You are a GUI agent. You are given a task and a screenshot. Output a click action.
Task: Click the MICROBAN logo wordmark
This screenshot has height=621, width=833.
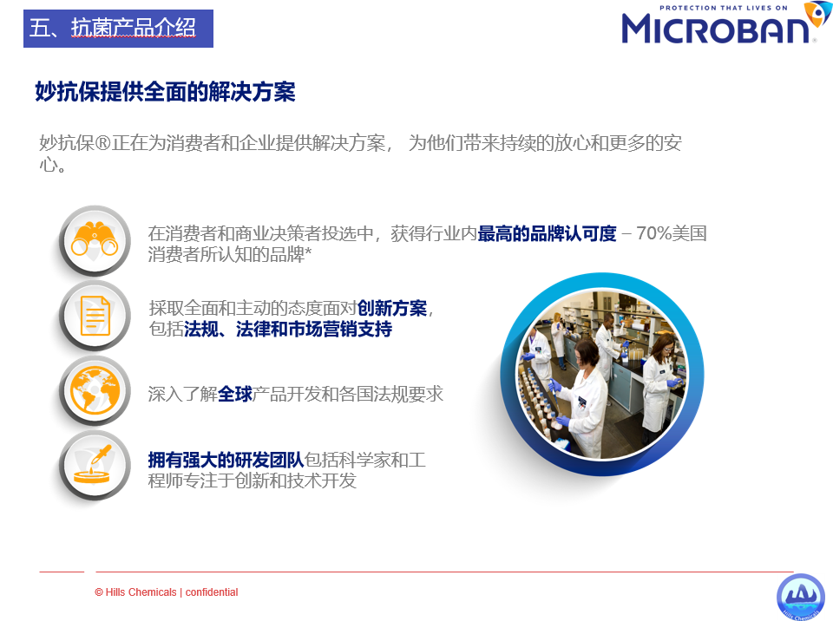point(715,29)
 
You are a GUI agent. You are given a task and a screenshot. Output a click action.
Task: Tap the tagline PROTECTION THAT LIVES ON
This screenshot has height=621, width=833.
point(723,8)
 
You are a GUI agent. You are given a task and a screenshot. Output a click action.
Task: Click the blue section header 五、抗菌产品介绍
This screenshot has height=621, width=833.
point(118,28)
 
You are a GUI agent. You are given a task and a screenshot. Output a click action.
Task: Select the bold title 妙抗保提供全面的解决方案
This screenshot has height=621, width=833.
point(165,92)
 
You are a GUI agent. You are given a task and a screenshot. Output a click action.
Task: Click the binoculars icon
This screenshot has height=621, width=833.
point(95,239)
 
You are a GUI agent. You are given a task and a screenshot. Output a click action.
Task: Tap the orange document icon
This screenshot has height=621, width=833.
point(95,316)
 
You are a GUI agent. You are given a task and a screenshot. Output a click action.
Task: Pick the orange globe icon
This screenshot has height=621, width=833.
point(95,390)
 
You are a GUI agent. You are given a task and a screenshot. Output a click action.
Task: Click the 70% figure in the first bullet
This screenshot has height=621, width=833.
point(654,233)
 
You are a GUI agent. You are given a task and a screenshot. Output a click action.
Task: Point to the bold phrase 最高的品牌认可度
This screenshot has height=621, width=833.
point(547,233)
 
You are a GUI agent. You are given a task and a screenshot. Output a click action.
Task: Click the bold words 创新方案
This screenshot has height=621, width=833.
point(392,308)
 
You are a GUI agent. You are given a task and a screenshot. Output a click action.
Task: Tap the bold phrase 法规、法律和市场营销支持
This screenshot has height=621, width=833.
point(288,330)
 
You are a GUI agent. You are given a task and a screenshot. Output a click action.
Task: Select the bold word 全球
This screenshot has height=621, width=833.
point(235,394)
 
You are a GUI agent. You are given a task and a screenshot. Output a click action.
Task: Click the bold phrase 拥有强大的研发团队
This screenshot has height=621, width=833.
point(226,460)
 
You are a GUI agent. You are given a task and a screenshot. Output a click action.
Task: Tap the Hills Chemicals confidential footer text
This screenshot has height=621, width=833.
point(167,592)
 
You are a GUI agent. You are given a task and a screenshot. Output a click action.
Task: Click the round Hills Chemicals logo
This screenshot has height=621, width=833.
point(801,597)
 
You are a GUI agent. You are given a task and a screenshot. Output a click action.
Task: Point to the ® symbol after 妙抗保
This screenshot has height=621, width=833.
point(102,143)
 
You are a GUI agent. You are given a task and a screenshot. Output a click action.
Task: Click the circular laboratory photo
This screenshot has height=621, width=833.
point(602,374)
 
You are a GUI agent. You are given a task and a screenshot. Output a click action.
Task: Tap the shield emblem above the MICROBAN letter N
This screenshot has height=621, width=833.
point(817,13)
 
